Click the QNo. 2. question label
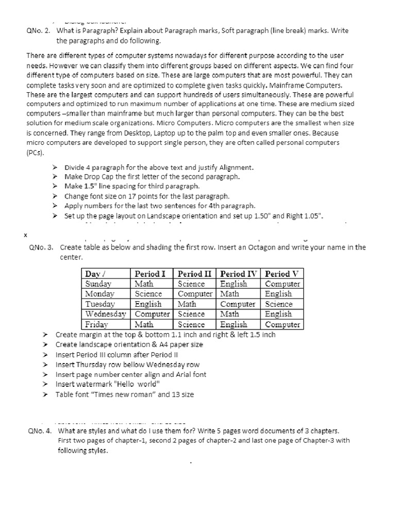pos(39,31)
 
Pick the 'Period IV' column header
pos(239,273)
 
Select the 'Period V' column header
pos(282,273)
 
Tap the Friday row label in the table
pos(96,324)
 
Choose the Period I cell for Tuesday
pos(148,304)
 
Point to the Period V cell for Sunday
pos(282,284)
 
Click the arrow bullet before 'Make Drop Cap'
pos(56,177)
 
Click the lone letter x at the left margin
pos(25,235)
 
